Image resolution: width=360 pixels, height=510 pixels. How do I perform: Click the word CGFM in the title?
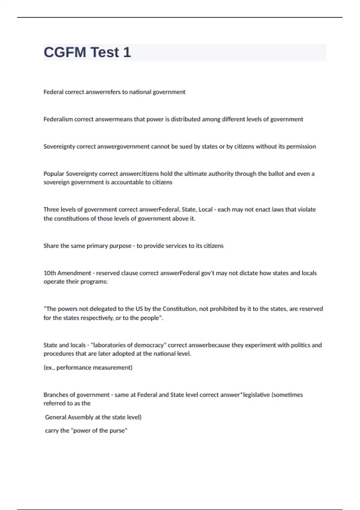pos(65,52)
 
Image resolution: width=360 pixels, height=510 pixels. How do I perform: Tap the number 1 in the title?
pos(127,52)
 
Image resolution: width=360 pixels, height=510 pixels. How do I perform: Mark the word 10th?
pos(49,273)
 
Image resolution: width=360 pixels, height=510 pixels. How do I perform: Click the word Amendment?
pos(74,273)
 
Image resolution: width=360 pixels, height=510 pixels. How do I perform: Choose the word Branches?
pos(56,395)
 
